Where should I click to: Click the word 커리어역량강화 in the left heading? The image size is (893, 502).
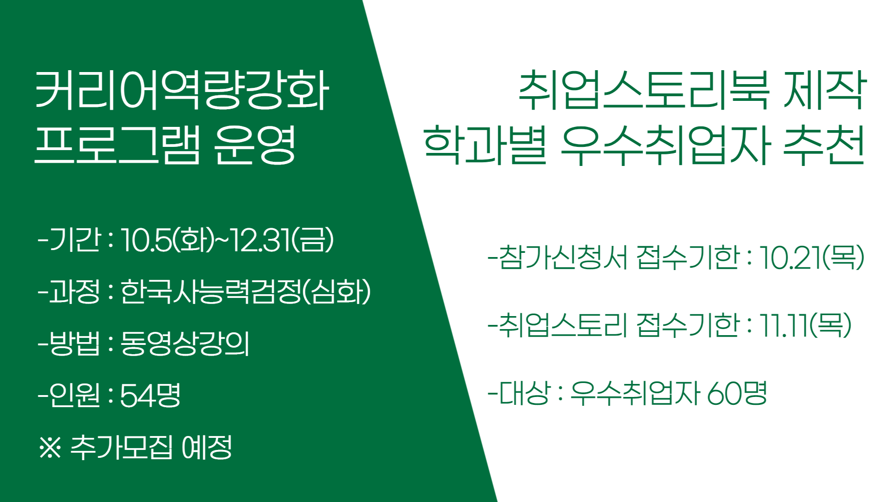182,91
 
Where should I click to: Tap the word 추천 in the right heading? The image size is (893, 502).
824,145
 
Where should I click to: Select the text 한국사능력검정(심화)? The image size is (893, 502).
246,292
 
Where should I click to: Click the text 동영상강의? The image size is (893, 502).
185,343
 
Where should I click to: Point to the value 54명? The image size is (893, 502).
150,396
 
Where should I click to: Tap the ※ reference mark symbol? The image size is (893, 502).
50,447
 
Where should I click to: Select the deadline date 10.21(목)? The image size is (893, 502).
812,258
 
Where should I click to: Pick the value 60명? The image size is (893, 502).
737,393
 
